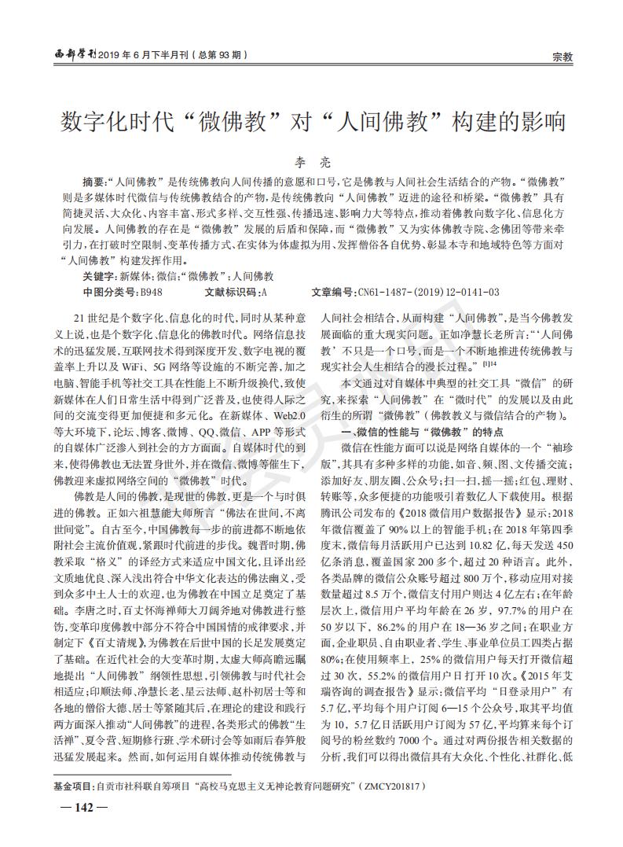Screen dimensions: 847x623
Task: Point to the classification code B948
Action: tap(151, 292)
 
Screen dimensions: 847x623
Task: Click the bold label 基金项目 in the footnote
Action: tap(72, 786)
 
